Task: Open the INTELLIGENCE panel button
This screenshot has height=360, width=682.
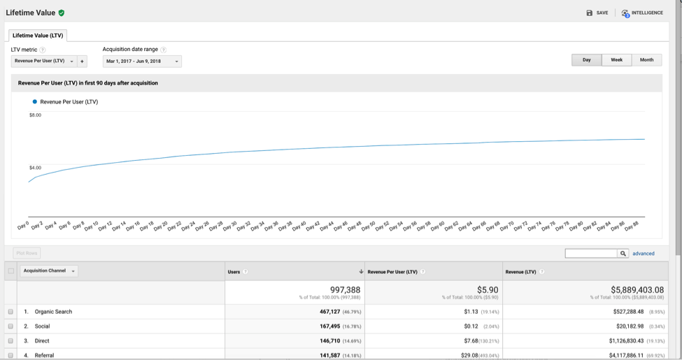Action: (x=642, y=13)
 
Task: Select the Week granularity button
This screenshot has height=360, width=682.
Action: (x=616, y=60)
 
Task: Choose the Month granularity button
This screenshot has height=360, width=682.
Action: (x=646, y=60)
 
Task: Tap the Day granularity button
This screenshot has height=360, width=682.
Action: (x=586, y=60)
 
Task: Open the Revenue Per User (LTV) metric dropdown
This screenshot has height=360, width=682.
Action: (x=44, y=62)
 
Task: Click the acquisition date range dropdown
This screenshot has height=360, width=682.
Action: (x=142, y=62)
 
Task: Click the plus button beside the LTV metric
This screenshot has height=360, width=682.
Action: (x=82, y=62)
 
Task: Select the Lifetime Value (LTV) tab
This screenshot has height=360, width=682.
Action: (x=38, y=36)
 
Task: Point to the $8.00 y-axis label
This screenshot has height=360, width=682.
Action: (x=35, y=115)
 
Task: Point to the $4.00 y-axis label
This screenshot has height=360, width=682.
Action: (x=35, y=168)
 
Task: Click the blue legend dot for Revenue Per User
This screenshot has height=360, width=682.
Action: (x=34, y=102)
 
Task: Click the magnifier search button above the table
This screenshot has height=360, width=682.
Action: (x=623, y=254)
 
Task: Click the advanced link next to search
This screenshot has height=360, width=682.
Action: (x=644, y=254)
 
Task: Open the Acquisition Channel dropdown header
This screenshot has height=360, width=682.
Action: (x=49, y=271)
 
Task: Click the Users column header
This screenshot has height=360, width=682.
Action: (x=234, y=272)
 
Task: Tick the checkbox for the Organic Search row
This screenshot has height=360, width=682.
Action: (x=10, y=312)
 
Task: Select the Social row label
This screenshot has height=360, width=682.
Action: (x=42, y=326)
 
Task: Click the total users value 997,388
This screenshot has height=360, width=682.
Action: (x=345, y=289)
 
